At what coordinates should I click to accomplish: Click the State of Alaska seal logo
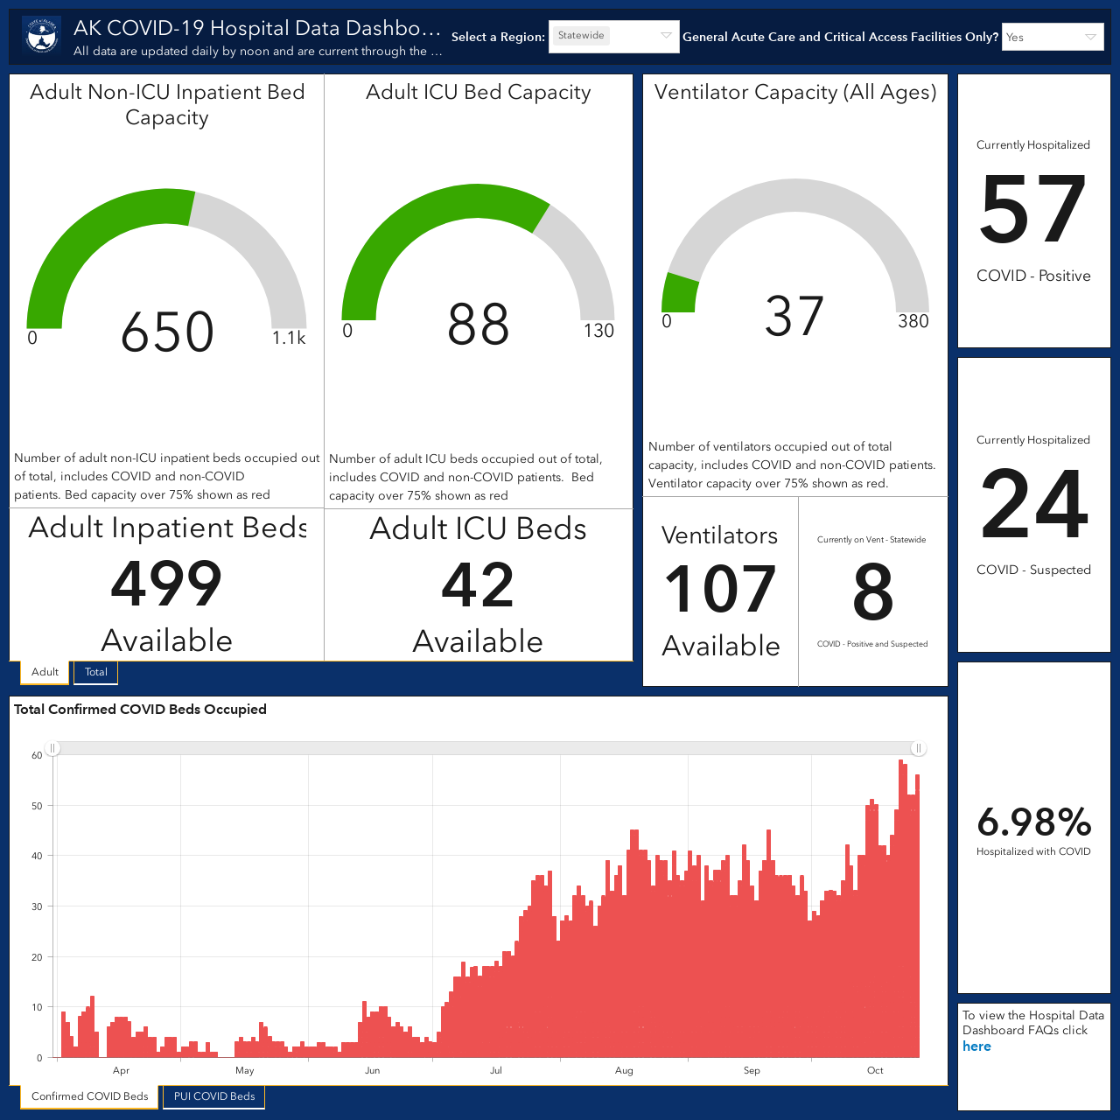coord(41,36)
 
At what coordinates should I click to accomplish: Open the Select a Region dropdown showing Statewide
coord(613,36)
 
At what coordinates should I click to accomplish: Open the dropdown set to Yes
coord(1053,38)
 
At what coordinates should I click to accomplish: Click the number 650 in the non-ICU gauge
coord(167,332)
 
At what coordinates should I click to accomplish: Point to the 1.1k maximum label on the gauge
coord(288,338)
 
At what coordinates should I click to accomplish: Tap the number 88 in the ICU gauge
coord(478,325)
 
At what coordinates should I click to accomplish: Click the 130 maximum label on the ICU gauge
coord(598,331)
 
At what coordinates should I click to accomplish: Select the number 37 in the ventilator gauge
coord(794,316)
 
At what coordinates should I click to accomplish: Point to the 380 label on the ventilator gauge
coord(913,321)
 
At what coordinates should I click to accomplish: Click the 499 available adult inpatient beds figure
coord(166,584)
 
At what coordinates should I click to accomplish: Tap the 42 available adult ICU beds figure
coord(478,584)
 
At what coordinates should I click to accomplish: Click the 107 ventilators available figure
coord(720,590)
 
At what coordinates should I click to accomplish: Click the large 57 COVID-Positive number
coord(1032,209)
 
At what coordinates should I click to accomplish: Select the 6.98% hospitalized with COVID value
coord(1034,822)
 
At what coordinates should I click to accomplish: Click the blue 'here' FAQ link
coord(976,1046)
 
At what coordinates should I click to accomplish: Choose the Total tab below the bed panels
coord(96,672)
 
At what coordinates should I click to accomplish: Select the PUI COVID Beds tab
coord(213,1096)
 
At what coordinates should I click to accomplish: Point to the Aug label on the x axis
coord(624,1070)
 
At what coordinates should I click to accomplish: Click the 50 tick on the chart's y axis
coord(37,806)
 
